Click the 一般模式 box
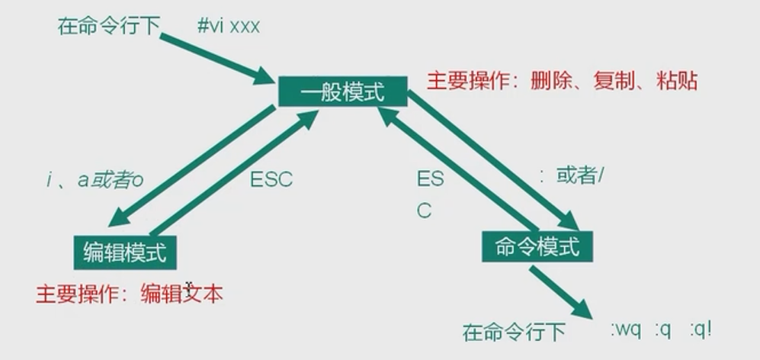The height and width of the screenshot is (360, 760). tap(342, 92)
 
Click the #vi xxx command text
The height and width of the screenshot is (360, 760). tap(229, 26)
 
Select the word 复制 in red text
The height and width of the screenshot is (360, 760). tap(613, 81)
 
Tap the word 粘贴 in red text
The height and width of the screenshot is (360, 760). tap(676, 81)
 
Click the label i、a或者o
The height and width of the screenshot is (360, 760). tap(95, 180)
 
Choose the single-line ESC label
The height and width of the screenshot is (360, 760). tap(271, 180)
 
